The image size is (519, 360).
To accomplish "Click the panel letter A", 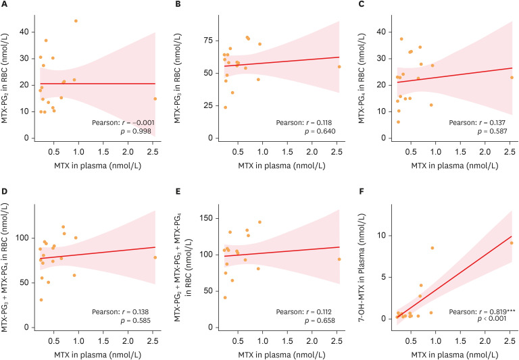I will click(x=4, y=5).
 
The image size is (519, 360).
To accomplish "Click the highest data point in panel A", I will click(x=76, y=21).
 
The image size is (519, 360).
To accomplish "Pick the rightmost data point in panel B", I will click(x=339, y=66).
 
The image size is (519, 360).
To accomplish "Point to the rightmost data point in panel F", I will click(x=512, y=243).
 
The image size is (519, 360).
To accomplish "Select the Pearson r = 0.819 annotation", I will click(x=476, y=312).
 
